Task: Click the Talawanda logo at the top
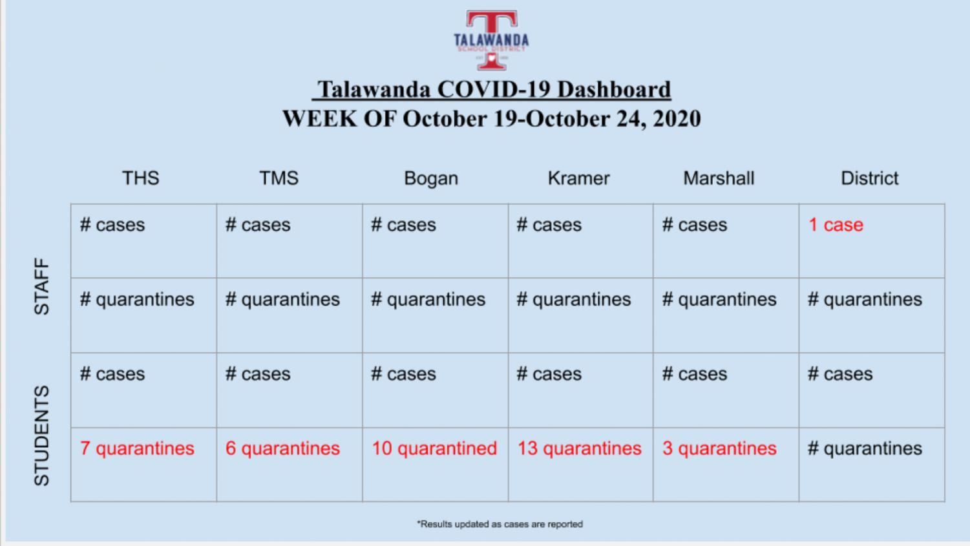tap(492, 40)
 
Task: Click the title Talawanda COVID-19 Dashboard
tap(492, 90)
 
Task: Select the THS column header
tap(141, 178)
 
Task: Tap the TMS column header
tap(279, 178)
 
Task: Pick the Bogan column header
tap(431, 178)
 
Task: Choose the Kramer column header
tap(578, 178)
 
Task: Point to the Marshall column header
tap(719, 178)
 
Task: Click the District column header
tap(870, 178)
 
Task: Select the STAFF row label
tap(42, 286)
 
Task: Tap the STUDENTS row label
tap(42, 436)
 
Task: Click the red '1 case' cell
tap(836, 225)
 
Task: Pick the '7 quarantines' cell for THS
tap(137, 448)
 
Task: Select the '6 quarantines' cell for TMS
tap(282, 448)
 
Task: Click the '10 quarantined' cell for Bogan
tap(434, 448)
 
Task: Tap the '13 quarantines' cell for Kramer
tap(580, 448)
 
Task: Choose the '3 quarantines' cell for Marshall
tap(719, 448)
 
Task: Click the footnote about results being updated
tap(500, 524)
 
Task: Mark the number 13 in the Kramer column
tap(527, 448)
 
